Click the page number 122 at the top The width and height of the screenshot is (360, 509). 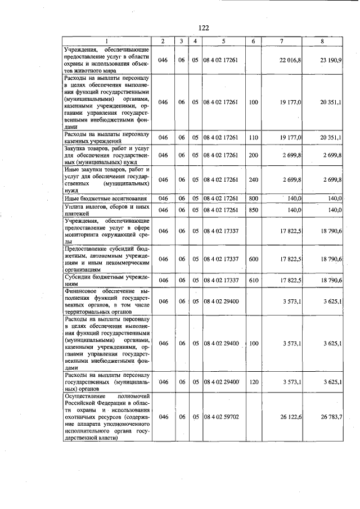click(x=204, y=28)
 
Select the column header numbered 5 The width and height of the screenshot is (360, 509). click(x=223, y=42)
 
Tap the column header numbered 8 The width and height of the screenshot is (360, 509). click(x=322, y=42)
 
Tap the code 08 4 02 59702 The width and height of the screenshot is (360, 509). click(x=223, y=417)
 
